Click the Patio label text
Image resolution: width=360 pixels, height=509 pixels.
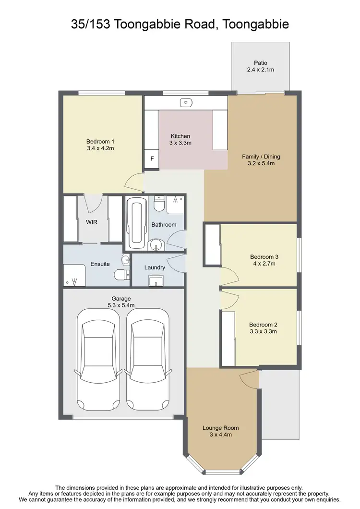(261, 62)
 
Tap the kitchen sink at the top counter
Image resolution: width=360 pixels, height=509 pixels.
(186, 102)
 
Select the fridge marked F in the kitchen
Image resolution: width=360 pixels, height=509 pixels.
(152, 158)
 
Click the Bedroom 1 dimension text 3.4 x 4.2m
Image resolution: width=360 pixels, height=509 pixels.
(100, 148)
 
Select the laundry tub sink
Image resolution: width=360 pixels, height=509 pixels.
(156, 280)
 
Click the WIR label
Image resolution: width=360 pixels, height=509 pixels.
(92, 222)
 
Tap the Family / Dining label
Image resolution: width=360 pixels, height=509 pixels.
(261, 157)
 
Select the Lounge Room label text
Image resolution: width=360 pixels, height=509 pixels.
(220, 428)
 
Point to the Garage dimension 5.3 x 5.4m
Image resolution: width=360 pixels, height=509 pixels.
(121, 305)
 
